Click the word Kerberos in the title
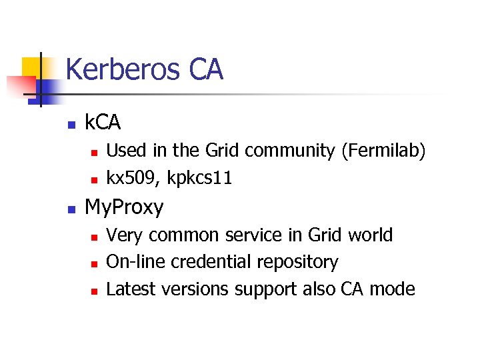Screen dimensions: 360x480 tap(123, 69)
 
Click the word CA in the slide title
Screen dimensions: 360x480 tap(206, 69)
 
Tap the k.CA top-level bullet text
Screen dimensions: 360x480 tap(103, 122)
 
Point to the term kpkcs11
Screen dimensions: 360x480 tap(201, 179)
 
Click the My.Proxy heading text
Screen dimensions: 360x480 tap(124, 207)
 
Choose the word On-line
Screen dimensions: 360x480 tap(136, 262)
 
